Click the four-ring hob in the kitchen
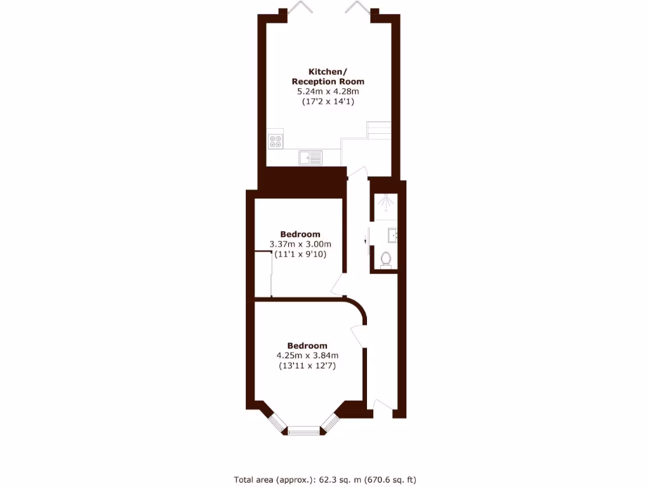click(276, 141)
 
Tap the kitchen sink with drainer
click(311, 157)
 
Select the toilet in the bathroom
click(386, 259)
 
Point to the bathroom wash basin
click(392, 236)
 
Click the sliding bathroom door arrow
click(366, 240)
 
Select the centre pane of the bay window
click(306, 432)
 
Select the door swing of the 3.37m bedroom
click(337, 285)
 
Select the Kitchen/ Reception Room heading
click(328, 77)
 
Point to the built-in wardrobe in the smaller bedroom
click(263, 274)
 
